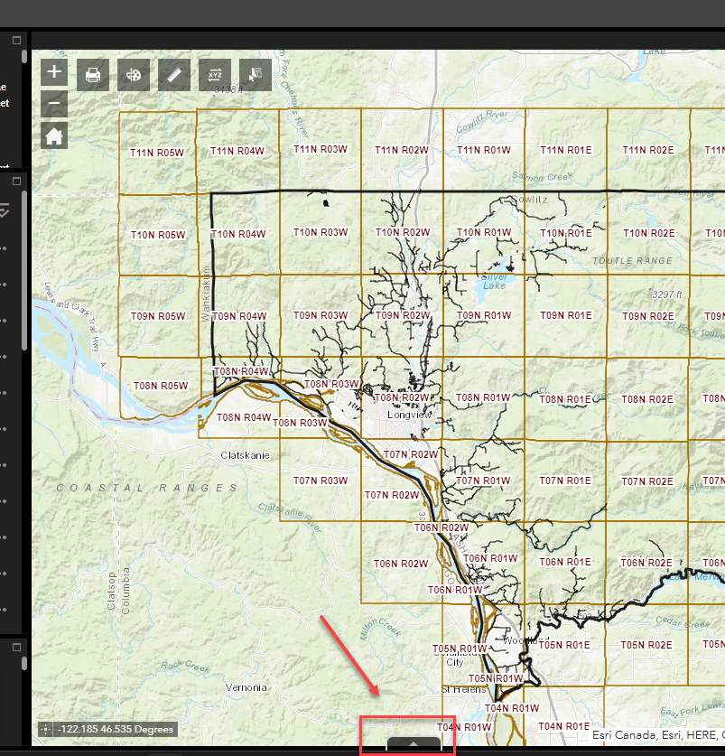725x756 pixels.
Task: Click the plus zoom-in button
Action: [x=55, y=72]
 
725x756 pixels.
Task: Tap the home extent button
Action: [x=55, y=135]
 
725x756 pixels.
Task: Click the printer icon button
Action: [x=93, y=75]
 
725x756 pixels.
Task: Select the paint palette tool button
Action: [x=134, y=75]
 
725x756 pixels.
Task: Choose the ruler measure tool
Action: [x=174, y=75]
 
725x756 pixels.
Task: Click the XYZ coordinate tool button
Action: [x=215, y=75]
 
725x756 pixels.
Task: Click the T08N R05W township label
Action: [x=161, y=386]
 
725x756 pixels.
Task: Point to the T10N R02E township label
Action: [x=648, y=233]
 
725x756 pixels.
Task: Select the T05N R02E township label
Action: [x=648, y=645]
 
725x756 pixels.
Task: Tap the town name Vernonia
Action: [x=246, y=687]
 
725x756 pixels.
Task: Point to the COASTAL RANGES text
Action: [x=147, y=488]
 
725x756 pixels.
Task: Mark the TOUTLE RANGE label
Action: [x=632, y=260]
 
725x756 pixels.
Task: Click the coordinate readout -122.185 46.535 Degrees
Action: [x=115, y=729]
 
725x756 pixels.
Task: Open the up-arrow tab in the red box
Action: [x=414, y=743]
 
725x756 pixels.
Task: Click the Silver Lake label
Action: [x=495, y=281]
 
